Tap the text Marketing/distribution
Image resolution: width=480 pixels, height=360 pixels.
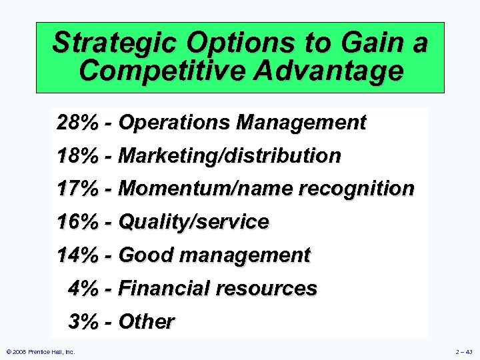(x=229, y=156)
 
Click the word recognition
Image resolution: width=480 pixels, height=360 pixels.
(x=357, y=189)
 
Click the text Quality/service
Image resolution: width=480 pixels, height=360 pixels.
(x=193, y=222)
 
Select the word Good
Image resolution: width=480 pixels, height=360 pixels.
(x=147, y=255)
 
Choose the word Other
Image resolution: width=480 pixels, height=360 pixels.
(x=146, y=322)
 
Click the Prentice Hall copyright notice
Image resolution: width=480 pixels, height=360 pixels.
(x=40, y=351)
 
